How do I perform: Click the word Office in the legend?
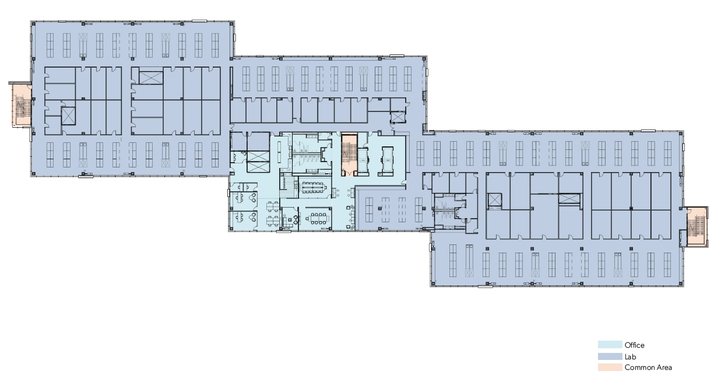pos(634,345)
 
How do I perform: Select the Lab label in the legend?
pos(630,356)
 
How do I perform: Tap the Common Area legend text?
pos(648,367)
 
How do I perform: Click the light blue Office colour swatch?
pos(610,345)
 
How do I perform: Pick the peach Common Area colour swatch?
pos(610,367)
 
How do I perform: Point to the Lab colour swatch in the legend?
pos(610,356)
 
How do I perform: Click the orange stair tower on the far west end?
pos(21,106)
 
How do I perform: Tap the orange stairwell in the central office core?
pos(349,154)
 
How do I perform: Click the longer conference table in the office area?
pos(315,187)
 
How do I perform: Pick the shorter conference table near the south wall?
pos(318,218)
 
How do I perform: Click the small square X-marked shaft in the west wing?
pos(68,116)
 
